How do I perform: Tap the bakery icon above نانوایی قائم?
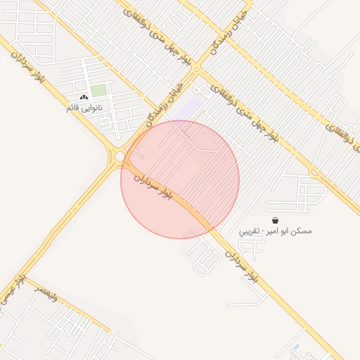tap(84, 98)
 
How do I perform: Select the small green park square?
tap(99, 91)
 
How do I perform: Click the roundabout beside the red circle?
tap(120, 156)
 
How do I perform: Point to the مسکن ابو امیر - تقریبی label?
tap(276, 231)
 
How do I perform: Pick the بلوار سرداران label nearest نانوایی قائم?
tap(30, 62)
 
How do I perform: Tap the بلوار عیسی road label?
tap(14, 289)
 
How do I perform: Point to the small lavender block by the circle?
tap(191, 108)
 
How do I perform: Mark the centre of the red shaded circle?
tap(180, 179)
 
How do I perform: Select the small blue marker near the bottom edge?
tap(296, 347)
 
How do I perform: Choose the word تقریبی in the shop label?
tap(250, 231)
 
